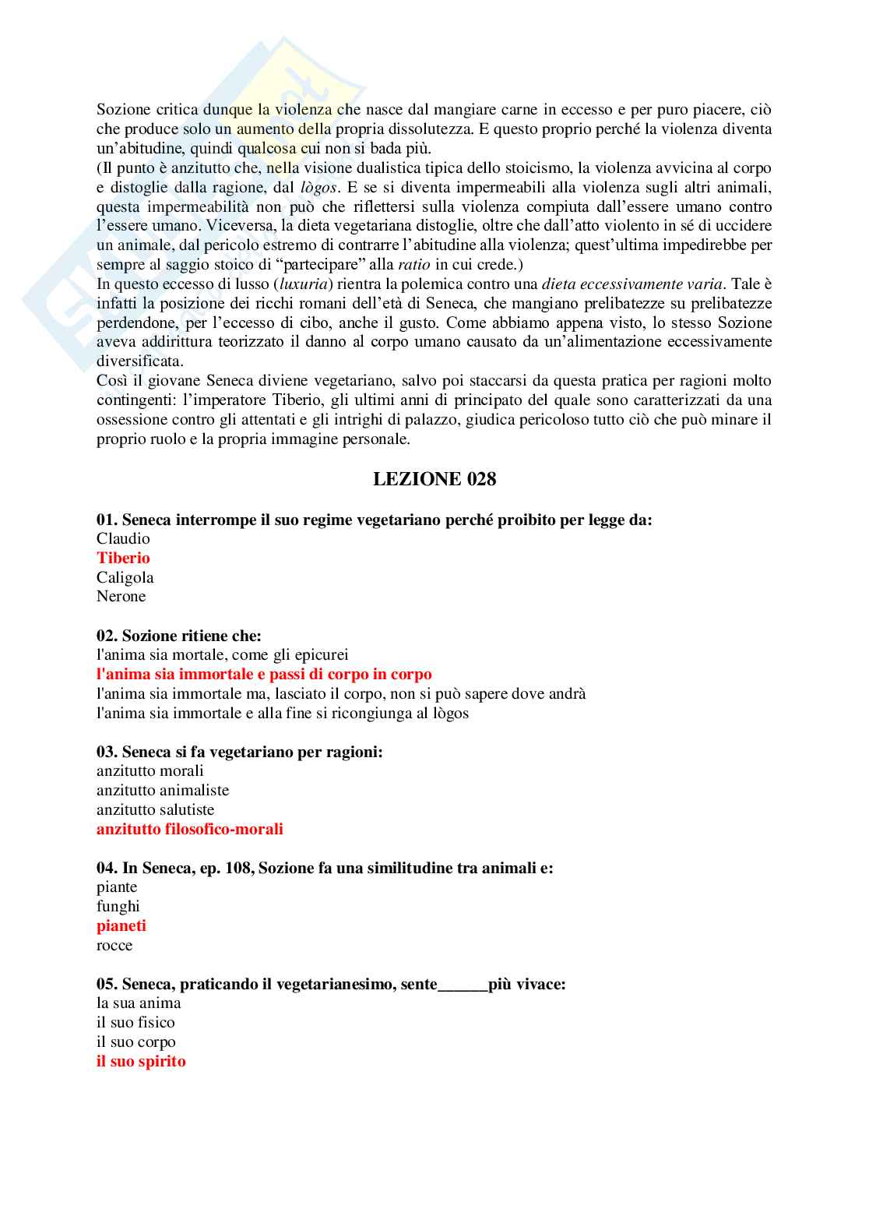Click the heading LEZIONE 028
click(x=434, y=479)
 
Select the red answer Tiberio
click(x=123, y=558)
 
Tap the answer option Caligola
click(x=125, y=577)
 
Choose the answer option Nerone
click(x=121, y=596)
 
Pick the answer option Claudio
click(x=123, y=538)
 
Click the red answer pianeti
click(x=121, y=925)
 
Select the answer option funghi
click(x=118, y=906)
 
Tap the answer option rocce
click(x=114, y=945)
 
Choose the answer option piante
click(x=117, y=886)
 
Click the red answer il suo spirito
click(x=141, y=1061)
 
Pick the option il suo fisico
click(x=135, y=1022)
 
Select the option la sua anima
click(x=139, y=1003)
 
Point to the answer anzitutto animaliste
click(x=163, y=790)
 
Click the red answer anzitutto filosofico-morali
click(x=189, y=829)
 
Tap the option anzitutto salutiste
click(x=155, y=809)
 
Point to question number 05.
click(x=107, y=984)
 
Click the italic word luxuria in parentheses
click(x=304, y=284)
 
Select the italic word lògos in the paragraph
click(x=318, y=187)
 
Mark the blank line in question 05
click(x=463, y=985)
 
